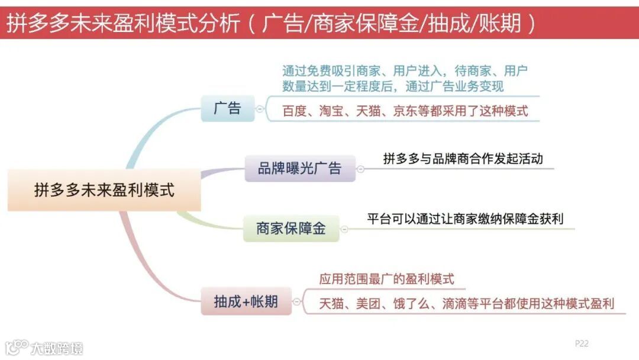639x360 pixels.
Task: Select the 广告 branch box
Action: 227,109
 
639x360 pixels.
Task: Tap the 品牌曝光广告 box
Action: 299,168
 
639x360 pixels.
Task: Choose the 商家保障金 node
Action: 291,229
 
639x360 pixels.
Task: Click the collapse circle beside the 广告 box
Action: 259,110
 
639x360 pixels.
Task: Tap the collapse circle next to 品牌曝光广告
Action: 360,169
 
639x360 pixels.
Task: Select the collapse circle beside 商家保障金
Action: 344,229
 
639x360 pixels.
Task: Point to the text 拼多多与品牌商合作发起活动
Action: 463,159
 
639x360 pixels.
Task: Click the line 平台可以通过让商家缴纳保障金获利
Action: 465,219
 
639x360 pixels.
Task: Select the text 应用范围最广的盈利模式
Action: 386,279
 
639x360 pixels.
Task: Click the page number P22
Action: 582,343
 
